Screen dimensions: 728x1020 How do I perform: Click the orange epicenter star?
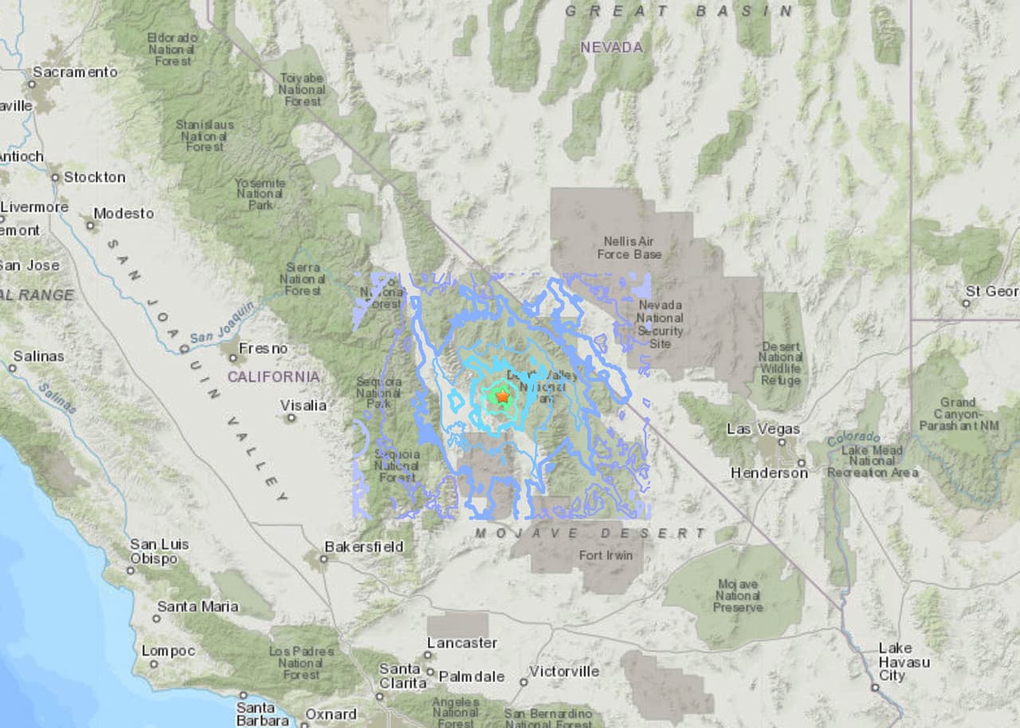[x=502, y=396]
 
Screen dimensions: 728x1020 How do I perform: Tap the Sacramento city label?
[x=74, y=72]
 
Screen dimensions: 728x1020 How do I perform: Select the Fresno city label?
[x=264, y=349]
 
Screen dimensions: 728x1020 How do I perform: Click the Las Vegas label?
[x=763, y=429]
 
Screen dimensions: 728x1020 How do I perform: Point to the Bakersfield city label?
[x=363, y=547]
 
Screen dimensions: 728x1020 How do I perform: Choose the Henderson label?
[x=769, y=473]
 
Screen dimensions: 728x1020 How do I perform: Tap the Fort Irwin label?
[x=606, y=555]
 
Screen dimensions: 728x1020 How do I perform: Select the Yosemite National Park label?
[x=260, y=194]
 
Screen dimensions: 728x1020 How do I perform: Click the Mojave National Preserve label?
[x=738, y=596]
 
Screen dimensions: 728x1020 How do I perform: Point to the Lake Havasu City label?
[x=904, y=662]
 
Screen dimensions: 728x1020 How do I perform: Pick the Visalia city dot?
[x=292, y=417]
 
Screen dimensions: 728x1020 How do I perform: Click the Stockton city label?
[x=94, y=178]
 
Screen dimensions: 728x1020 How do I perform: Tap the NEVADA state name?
[x=611, y=48]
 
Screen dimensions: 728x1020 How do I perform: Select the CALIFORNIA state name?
[x=273, y=377]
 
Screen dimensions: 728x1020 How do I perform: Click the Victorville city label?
[x=563, y=671]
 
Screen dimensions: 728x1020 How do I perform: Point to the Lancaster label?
[x=462, y=643]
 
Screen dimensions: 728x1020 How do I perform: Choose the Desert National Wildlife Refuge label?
[x=781, y=364]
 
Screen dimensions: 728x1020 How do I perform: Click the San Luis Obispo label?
[x=159, y=552]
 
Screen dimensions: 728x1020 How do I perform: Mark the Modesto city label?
[x=124, y=213]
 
